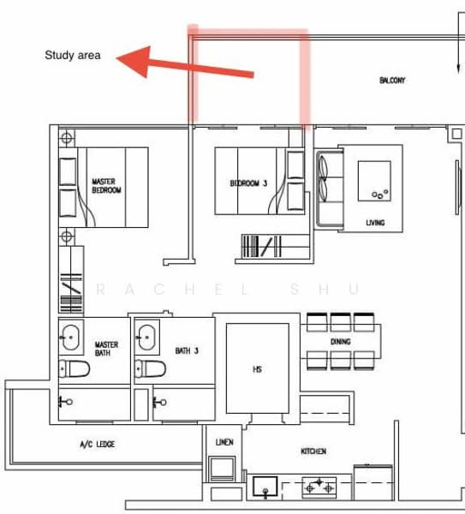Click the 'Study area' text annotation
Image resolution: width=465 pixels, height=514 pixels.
73,55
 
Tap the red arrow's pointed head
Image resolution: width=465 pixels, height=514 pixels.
117,58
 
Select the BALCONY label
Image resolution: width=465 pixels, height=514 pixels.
392,81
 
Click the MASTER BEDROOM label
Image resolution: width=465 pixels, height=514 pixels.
106,186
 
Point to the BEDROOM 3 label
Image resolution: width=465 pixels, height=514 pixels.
248,183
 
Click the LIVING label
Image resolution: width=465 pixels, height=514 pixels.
375,223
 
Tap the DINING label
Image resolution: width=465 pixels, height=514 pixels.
341,342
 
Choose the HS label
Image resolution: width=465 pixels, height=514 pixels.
257,369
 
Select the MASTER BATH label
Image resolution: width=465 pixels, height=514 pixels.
106,349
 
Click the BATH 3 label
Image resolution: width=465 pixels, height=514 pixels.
187,351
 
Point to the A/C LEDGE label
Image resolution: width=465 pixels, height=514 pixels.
98,445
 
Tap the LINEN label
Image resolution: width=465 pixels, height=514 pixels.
224,442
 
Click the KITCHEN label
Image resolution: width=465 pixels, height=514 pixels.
313,451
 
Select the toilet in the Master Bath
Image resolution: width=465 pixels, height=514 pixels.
75,368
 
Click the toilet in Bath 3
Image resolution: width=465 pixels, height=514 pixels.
150,368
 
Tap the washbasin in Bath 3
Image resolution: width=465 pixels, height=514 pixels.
146,338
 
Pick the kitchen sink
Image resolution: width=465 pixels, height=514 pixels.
265,487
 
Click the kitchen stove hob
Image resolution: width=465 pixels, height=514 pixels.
319,487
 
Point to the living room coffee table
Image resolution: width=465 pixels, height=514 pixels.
374,181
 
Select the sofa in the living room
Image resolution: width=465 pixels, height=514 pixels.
330,188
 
